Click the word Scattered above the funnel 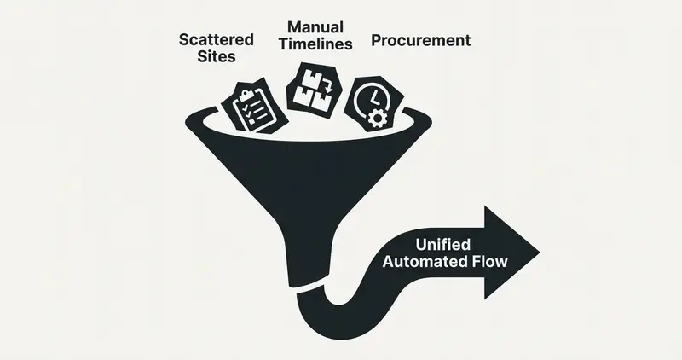pos(215,40)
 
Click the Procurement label pos(420,40)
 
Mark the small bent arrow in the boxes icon pos(327,84)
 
